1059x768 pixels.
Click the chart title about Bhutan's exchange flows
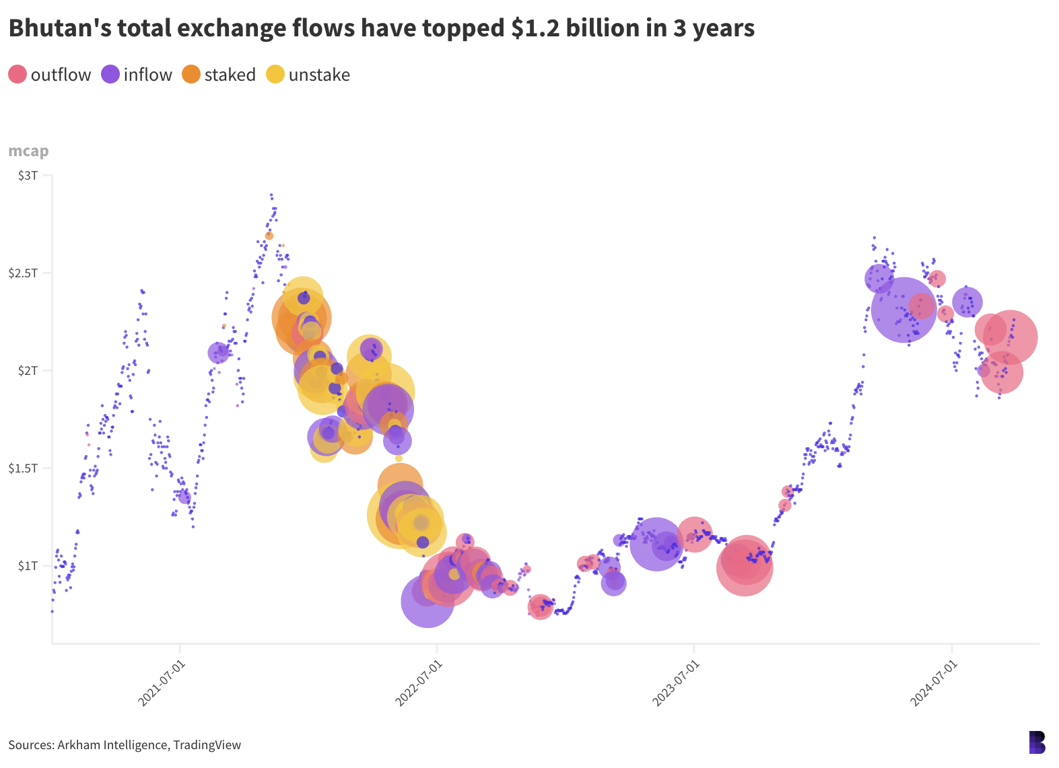[381, 28]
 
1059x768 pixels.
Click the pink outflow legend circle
[18, 74]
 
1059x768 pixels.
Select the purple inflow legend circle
[110, 74]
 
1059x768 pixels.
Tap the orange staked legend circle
[191, 74]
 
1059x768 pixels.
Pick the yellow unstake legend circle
[275, 74]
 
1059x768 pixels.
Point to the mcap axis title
[28, 151]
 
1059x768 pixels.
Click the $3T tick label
[28, 176]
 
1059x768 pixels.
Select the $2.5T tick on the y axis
[23, 273]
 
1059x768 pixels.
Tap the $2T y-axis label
[28, 371]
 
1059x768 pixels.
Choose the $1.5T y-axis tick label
[23, 468]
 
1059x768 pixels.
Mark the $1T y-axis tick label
[28, 566]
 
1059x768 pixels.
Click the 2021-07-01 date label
[161, 683]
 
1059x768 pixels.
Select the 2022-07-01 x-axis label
[418, 683]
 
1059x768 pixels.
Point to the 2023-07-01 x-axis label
[675, 683]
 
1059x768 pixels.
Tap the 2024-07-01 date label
[933, 683]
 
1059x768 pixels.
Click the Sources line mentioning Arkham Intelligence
[125, 745]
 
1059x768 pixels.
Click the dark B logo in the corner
[1037, 742]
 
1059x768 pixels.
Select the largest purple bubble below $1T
[428, 600]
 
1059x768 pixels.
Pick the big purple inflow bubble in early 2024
[903, 310]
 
